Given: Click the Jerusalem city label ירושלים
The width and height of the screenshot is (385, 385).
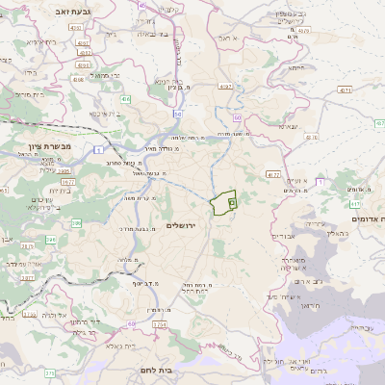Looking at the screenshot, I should [180, 225].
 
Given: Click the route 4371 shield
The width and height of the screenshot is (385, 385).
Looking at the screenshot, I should [343, 90].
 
